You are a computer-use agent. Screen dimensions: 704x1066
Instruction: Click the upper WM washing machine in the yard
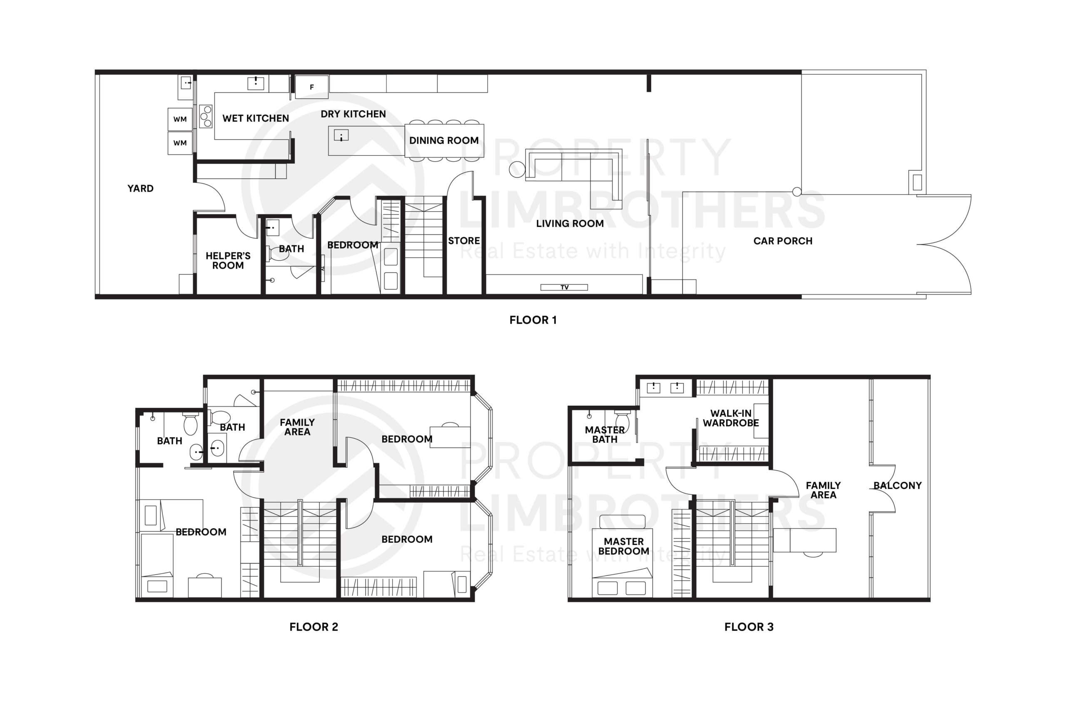coord(180,119)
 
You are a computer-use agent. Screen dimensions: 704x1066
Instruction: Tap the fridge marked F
coord(311,87)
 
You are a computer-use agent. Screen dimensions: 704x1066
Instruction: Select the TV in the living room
coord(564,287)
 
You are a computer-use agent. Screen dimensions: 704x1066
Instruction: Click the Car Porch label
coord(782,241)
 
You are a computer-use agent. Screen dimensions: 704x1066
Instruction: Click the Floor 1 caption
coord(533,320)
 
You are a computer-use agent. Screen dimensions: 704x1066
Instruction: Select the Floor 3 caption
coord(749,627)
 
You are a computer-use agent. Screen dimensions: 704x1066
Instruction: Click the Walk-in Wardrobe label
coord(730,418)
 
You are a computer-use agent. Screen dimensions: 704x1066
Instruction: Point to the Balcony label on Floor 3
coord(897,485)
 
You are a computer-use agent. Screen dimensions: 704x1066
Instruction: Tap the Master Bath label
coord(604,434)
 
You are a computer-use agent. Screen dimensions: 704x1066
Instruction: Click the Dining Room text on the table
coord(443,140)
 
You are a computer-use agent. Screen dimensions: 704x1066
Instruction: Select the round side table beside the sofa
coord(517,169)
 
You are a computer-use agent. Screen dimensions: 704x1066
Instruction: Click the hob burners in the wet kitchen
coord(206,116)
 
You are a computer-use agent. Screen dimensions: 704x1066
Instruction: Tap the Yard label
coord(140,189)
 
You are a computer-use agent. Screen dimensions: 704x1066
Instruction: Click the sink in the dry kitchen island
coord(341,135)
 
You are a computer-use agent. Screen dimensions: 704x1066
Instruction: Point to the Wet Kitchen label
coord(255,119)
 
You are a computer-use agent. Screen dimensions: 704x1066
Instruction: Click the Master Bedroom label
coord(623,547)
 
